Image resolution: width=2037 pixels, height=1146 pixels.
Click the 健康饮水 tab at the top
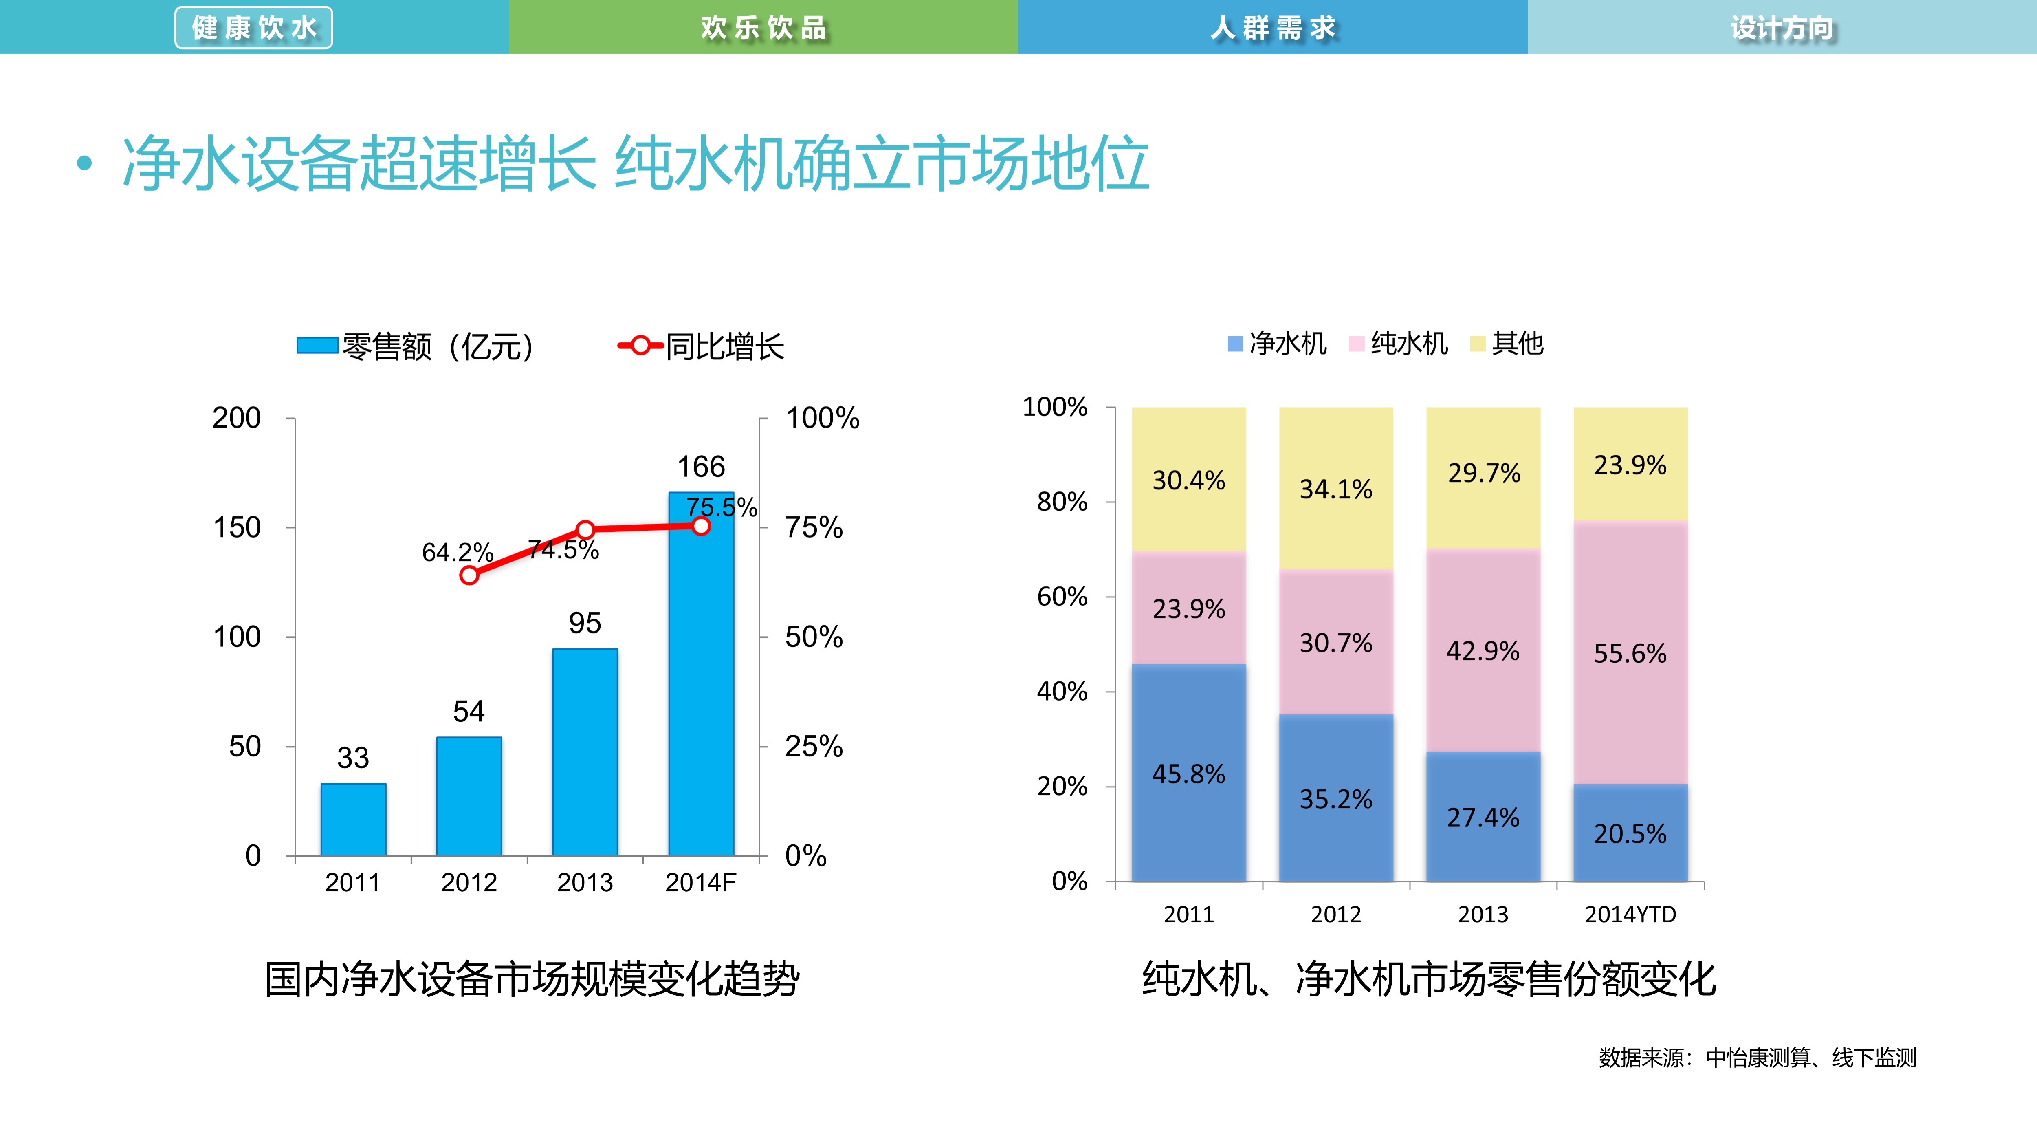click(254, 28)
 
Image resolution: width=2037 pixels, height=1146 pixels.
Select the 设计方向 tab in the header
click(1782, 28)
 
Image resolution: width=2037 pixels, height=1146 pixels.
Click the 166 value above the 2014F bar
click(701, 467)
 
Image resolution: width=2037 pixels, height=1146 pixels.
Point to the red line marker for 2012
click(469, 575)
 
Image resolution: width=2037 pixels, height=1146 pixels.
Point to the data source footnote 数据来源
click(1757, 1058)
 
